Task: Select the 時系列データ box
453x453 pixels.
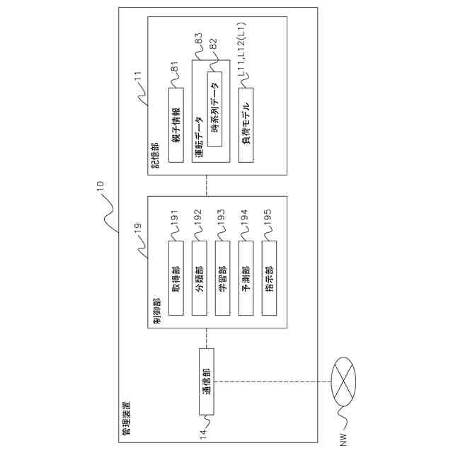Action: [214, 109]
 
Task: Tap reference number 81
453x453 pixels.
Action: [176, 68]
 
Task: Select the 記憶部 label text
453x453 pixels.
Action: [156, 157]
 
